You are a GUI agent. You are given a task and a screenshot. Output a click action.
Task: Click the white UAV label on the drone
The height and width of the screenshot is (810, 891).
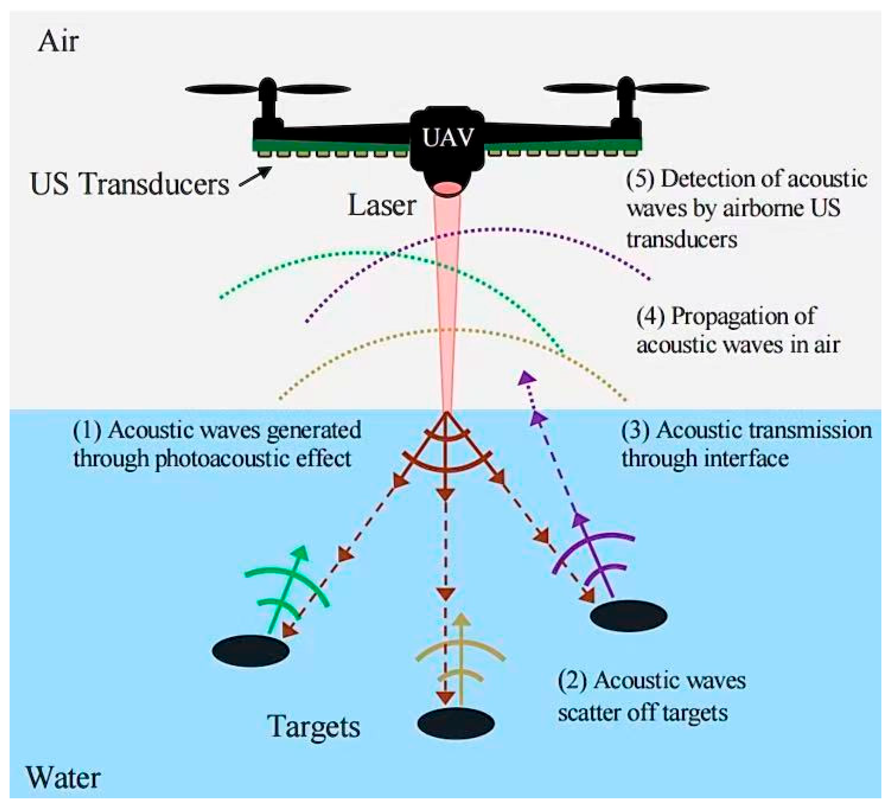tap(448, 137)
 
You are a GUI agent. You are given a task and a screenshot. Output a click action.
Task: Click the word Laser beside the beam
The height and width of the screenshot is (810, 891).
tap(382, 206)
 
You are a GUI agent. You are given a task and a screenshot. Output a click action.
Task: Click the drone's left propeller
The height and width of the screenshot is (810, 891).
tap(268, 89)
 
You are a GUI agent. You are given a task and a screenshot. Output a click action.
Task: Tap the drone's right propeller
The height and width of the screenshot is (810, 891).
tap(626, 88)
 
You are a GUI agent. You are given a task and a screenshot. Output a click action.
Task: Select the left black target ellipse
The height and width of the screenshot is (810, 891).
tap(250, 650)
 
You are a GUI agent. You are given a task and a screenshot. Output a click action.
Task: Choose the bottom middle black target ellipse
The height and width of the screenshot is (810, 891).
tap(456, 724)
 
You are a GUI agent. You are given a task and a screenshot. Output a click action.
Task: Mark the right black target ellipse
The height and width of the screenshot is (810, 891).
tap(628, 615)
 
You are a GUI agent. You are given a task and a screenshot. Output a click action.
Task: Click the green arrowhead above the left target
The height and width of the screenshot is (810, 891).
tap(300, 553)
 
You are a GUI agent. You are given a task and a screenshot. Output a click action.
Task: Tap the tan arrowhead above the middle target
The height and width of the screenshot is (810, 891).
tap(462, 620)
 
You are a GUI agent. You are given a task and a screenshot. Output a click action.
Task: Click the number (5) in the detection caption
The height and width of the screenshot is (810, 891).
tap(640, 180)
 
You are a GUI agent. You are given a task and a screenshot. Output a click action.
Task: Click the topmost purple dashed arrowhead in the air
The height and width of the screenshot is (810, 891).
tap(526, 378)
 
